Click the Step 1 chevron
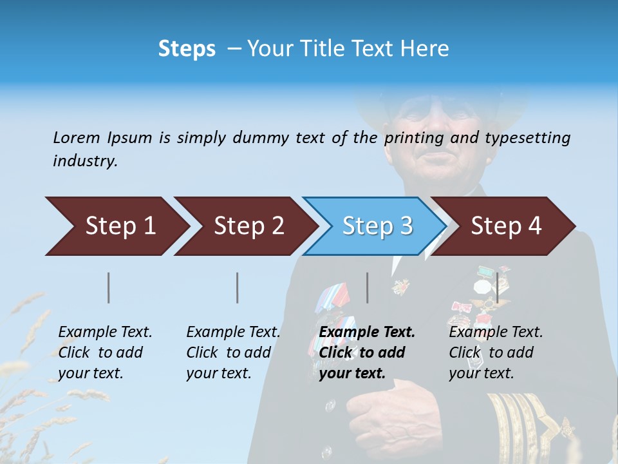(x=116, y=226)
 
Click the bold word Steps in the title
(x=187, y=49)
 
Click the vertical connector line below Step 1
(x=109, y=287)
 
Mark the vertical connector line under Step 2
(x=238, y=287)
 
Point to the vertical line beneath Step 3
(x=368, y=287)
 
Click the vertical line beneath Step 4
(x=497, y=287)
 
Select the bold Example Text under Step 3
(x=367, y=333)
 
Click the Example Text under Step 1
(x=105, y=333)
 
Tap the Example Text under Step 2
(x=233, y=333)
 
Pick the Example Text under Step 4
(x=496, y=333)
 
